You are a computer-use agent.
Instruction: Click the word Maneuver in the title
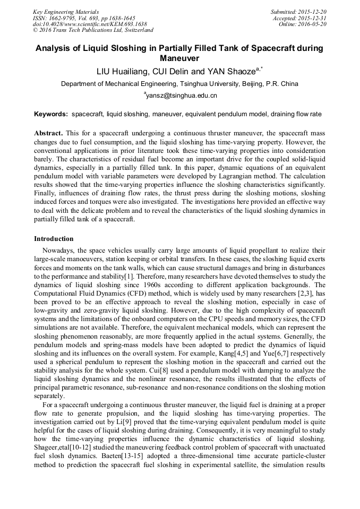click(x=179, y=58)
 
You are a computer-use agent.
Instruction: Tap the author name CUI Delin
click(x=175, y=71)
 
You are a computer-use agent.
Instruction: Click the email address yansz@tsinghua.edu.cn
click(x=181, y=96)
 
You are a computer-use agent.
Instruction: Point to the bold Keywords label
click(x=51, y=114)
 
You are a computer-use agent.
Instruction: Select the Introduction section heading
click(x=54, y=239)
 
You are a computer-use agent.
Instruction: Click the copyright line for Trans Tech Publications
click(x=93, y=31)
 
